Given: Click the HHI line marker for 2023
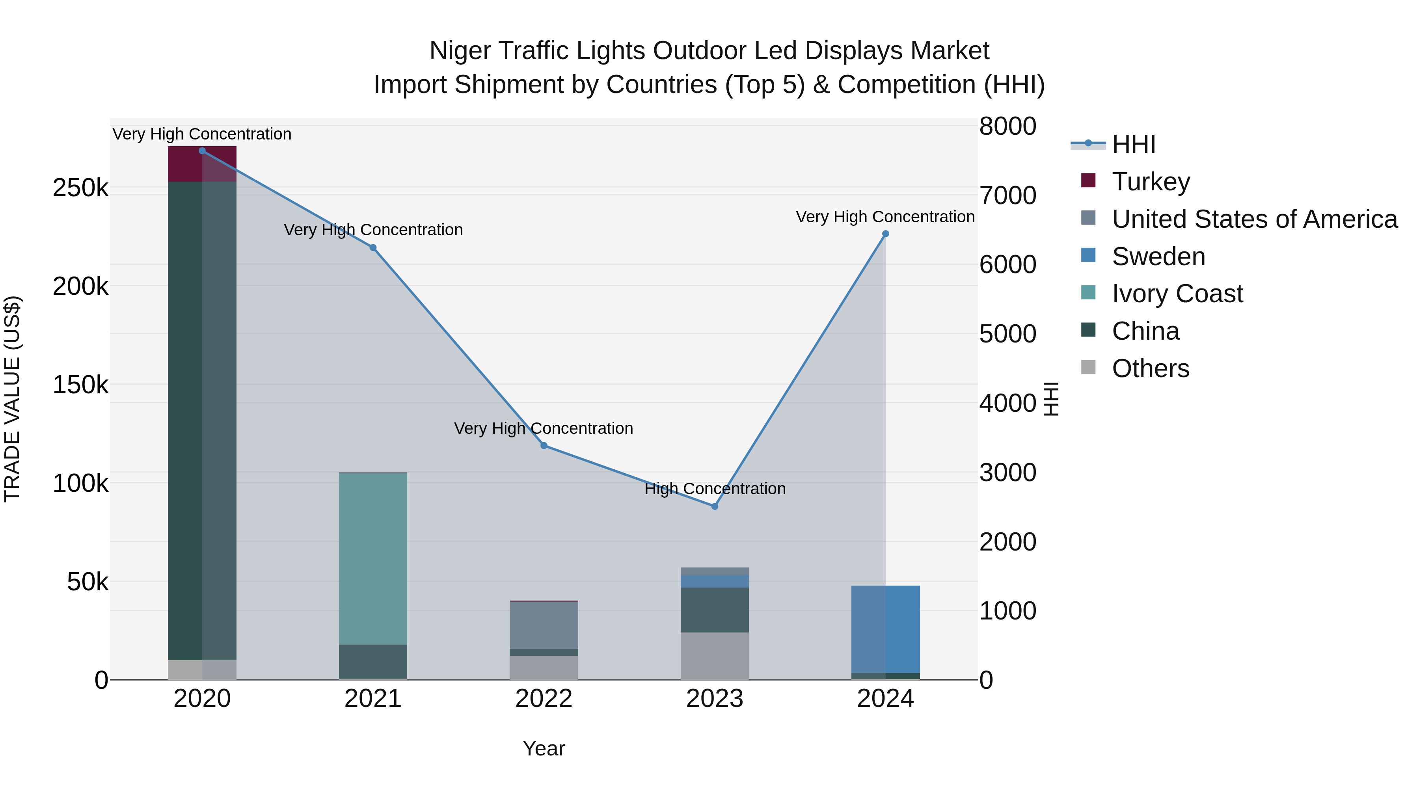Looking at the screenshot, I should click(715, 506).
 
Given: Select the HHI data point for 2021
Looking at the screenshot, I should click(373, 248).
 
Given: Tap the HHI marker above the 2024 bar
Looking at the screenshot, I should click(885, 234).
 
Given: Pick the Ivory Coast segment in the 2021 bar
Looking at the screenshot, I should click(373, 558).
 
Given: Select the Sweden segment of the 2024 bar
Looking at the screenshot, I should click(885, 629).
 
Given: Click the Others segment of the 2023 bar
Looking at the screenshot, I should click(715, 655).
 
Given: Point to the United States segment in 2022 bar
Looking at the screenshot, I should click(544, 625).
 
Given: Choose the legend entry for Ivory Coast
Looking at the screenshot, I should click(1177, 294).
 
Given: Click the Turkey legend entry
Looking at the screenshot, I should click(1150, 182).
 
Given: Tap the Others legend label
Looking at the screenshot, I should click(1150, 368).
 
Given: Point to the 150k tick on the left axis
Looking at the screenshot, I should click(80, 385).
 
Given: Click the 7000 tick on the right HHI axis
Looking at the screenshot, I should click(1007, 195).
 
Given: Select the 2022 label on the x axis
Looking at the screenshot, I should click(544, 699).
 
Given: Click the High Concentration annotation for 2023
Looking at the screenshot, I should click(715, 489).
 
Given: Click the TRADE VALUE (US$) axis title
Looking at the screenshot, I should click(13, 399).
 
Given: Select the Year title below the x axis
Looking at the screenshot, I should click(544, 748).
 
